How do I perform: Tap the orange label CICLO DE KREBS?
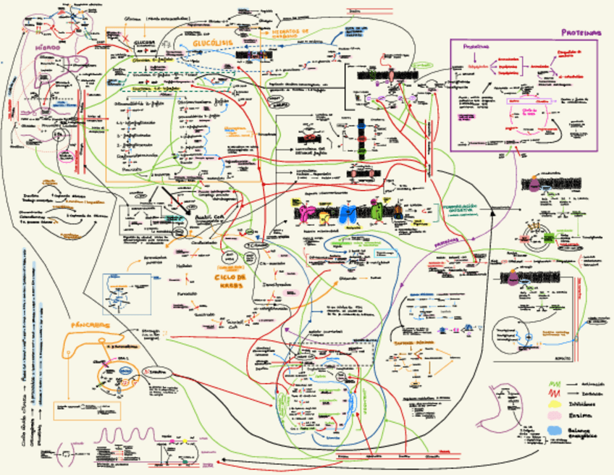pos(230,281)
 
